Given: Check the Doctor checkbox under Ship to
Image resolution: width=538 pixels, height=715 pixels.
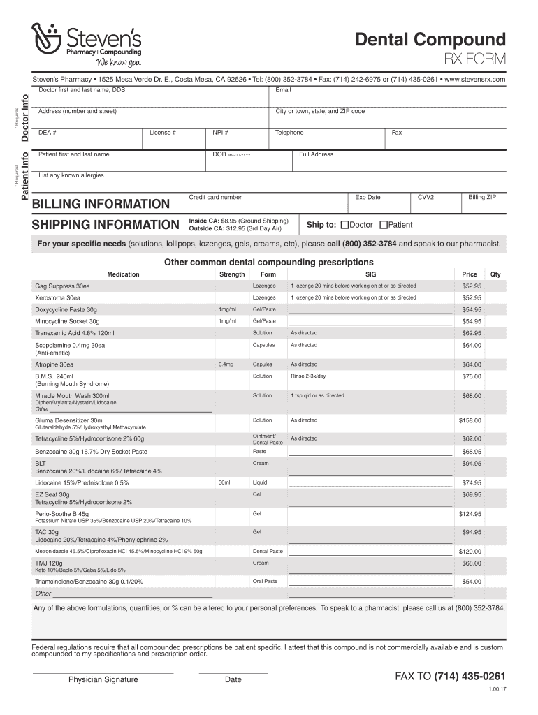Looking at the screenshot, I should (344, 225).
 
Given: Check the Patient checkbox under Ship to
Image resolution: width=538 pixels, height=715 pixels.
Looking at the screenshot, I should (383, 225).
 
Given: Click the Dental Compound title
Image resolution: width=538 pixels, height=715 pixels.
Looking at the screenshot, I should (430, 39).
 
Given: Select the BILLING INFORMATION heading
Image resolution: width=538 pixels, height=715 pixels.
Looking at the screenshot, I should (101, 204).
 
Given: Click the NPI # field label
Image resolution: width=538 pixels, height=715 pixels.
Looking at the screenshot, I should (220, 133).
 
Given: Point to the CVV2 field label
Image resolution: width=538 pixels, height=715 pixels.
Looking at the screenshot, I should (426, 198).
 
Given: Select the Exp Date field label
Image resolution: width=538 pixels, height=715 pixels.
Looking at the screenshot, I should (368, 198).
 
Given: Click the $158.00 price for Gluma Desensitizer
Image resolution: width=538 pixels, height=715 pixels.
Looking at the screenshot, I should (470, 420).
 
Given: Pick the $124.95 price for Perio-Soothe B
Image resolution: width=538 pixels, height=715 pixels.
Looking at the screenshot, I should (470, 514).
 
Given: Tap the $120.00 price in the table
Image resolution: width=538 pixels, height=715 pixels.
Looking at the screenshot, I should (470, 551).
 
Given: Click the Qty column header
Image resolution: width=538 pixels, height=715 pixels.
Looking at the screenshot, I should (495, 274).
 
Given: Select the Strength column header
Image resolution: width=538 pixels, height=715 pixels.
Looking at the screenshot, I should (232, 274).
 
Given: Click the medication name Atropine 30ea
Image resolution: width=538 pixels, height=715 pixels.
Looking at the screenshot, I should (54, 364).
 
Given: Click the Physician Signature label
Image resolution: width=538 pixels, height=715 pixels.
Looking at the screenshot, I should (103, 679).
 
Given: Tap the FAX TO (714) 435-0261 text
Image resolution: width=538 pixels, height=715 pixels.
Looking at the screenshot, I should (450, 677).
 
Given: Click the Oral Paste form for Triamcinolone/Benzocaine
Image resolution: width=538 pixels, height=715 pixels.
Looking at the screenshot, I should (265, 581).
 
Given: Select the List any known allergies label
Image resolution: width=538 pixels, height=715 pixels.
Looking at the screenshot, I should (71, 175).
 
